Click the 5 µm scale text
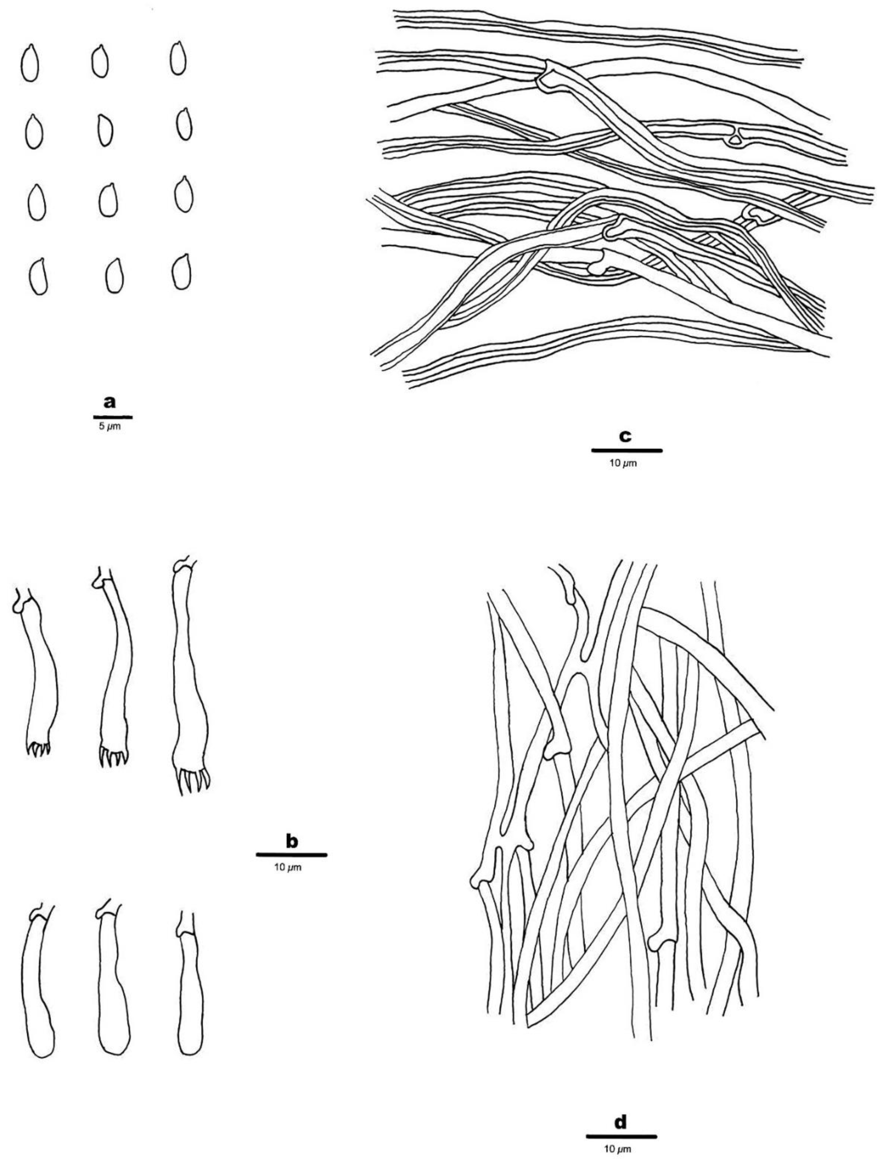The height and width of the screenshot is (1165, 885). (110, 426)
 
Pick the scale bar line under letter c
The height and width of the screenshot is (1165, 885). (626, 450)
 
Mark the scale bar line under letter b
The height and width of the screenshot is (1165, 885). (291, 855)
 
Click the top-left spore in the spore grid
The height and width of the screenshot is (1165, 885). (29, 63)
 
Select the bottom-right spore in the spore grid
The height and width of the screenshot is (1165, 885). (181, 272)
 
